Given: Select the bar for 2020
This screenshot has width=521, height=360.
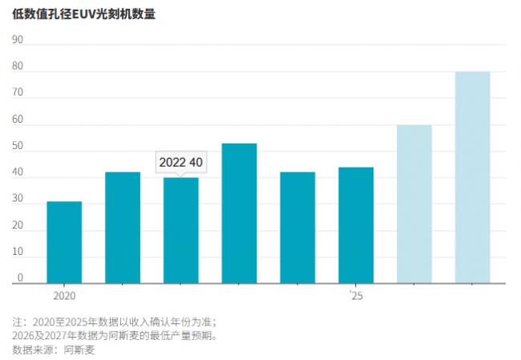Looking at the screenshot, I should [64, 242].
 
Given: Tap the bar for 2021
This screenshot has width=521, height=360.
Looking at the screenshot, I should [123, 228].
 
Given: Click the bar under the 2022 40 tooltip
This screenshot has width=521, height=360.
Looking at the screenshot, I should [181, 230].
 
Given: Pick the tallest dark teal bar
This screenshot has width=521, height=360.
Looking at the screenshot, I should [239, 213].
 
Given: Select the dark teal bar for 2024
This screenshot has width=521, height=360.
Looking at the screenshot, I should [297, 228].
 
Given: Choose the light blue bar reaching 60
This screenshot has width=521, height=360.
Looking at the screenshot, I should [414, 204].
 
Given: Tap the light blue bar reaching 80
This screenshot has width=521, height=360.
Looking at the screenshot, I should [472, 177].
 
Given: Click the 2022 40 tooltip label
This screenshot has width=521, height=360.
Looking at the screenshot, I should [180, 162].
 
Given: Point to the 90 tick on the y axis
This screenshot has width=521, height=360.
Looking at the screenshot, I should [18, 40].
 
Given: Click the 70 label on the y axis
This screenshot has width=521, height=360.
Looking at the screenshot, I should [18, 93].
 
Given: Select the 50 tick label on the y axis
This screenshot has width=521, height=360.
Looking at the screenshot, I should [18, 146].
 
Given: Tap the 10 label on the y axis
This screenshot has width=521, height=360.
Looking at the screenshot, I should [18, 252].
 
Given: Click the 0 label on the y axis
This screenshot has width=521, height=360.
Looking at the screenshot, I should [21, 278].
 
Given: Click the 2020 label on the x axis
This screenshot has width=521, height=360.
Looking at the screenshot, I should [64, 296].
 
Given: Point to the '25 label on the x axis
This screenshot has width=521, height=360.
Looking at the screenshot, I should [356, 296].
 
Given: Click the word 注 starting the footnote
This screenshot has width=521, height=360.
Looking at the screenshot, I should [18, 321].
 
